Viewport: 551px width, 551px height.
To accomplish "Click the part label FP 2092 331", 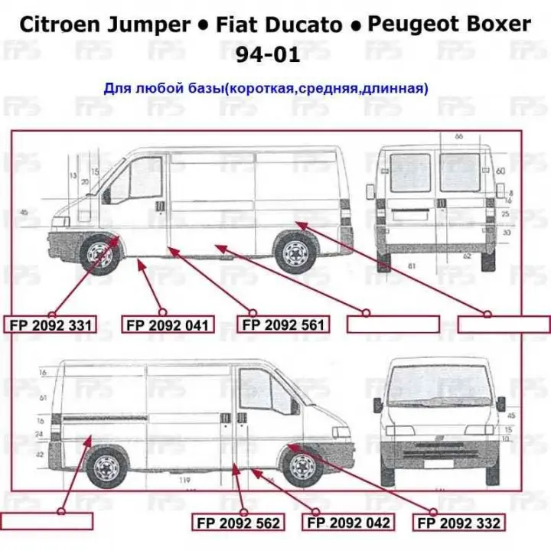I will click(x=51, y=325).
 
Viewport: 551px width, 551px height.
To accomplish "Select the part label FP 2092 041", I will click(x=167, y=325).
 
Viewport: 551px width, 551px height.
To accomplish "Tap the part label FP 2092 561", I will click(x=283, y=324).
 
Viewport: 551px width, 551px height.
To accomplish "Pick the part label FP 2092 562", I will click(x=238, y=523).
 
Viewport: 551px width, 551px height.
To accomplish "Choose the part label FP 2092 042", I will click(x=349, y=523).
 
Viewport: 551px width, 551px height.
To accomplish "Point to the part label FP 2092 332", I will click(x=459, y=523).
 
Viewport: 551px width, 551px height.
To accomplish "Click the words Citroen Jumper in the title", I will click(x=104, y=24).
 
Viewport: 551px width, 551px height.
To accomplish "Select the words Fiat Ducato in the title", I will click(x=277, y=24).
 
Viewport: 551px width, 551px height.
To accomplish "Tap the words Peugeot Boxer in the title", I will click(x=449, y=24).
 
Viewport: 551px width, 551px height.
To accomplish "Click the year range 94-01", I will click(x=273, y=54).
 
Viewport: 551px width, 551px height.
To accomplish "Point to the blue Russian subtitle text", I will click(x=266, y=89).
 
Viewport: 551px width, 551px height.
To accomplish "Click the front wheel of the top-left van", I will click(x=99, y=253).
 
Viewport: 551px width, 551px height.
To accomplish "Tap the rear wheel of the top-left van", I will click(x=296, y=253).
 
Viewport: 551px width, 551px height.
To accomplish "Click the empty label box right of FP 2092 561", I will click(x=393, y=324).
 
